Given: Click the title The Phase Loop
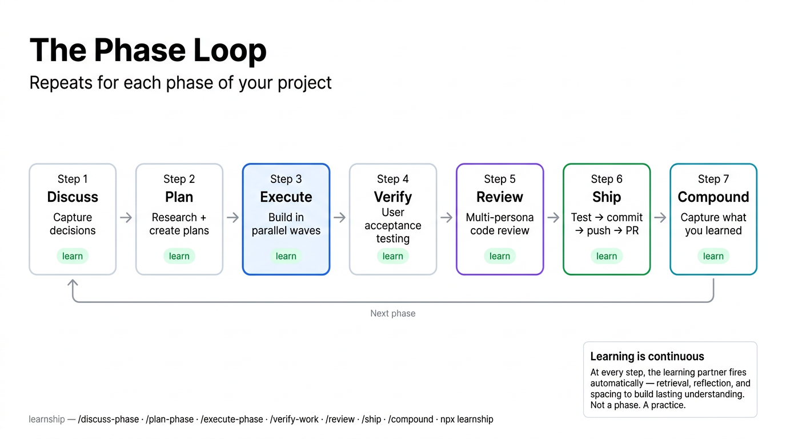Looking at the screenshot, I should [148, 50].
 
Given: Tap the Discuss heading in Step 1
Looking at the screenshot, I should [73, 197].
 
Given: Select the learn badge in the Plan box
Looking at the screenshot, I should [179, 256].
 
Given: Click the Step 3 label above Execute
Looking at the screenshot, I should [286, 179].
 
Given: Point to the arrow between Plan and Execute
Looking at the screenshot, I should [232, 218].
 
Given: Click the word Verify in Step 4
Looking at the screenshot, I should [392, 197].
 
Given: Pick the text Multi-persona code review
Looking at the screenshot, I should [499, 224].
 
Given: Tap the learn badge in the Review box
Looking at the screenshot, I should [499, 256].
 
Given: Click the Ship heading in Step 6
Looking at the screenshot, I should [606, 197].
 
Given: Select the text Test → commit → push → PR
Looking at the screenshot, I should [606, 224].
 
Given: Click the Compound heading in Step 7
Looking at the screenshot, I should [713, 197].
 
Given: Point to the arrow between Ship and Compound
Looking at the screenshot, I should [660, 218].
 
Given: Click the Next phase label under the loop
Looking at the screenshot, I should [392, 313].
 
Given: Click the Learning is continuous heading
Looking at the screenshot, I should [647, 357].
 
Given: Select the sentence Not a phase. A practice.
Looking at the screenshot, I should [637, 405].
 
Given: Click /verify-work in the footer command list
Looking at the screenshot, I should [294, 420].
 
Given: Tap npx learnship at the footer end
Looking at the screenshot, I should [467, 420].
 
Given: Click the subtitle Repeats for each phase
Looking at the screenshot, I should [181, 83].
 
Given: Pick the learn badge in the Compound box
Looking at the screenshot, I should [713, 256].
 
